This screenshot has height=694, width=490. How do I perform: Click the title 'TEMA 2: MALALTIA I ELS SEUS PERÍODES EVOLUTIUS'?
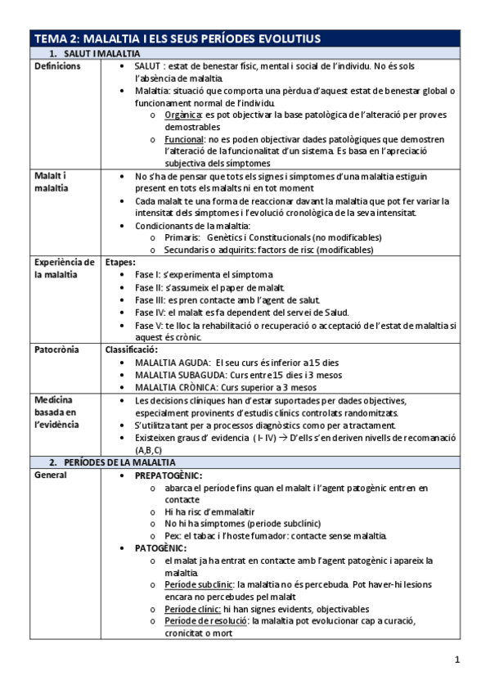177,38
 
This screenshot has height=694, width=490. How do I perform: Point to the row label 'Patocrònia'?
56,349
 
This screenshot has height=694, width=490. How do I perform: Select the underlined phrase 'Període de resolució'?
201,621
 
